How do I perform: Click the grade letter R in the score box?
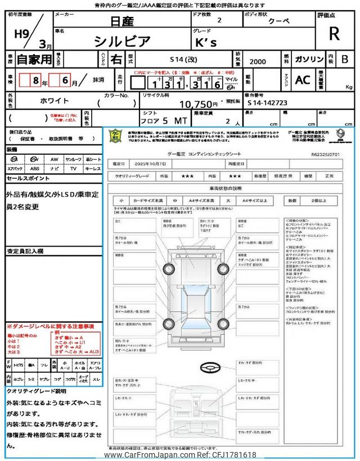tap(334, 34)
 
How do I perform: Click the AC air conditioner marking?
tap(302, 80)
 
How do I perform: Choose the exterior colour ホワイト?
tap(55, 101)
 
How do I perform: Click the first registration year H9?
tap(21, 33)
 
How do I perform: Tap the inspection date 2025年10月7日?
tap(151, 164)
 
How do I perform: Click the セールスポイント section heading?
tap(29, 178)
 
